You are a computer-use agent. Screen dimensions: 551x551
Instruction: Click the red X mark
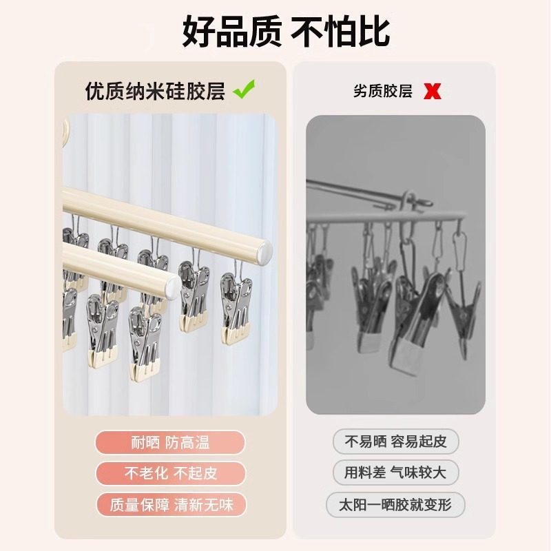[x=433, y=92]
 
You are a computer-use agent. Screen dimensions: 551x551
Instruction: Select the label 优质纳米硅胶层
[x=156, y=91]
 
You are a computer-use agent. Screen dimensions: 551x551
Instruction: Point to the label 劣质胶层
[x=382, y=91]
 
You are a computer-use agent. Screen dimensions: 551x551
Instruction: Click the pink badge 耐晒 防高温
[x=170, y=442]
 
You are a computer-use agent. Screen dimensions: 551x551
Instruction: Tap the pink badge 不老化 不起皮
[x=170, y=473]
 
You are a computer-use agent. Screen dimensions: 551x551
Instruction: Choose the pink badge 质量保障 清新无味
[x=171, y=505]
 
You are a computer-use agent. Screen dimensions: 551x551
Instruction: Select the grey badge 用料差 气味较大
[x=395, y=473]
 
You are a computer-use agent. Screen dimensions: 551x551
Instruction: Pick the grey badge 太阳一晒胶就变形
[x=395, y=505]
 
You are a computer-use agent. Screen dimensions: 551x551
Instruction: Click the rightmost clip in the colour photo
[x=235, y=306]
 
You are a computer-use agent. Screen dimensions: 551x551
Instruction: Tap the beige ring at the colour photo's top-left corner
[x=66, y=131]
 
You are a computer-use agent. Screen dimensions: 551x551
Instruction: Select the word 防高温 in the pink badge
[x=192, y=442]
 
